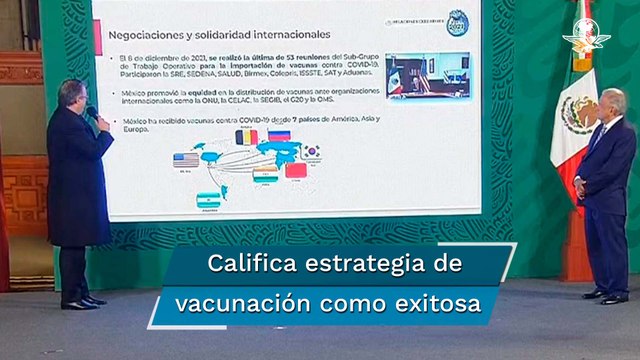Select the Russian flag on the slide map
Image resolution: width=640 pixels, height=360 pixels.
pos(279,136)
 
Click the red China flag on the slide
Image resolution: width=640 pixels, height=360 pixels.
pos(296,170)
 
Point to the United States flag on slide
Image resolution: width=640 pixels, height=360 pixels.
pos(185,160)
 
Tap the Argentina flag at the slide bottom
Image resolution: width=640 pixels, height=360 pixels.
pos(208,199)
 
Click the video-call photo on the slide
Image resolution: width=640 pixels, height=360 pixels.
pos(415,75)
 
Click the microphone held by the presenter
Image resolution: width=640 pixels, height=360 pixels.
pos(91,111)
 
